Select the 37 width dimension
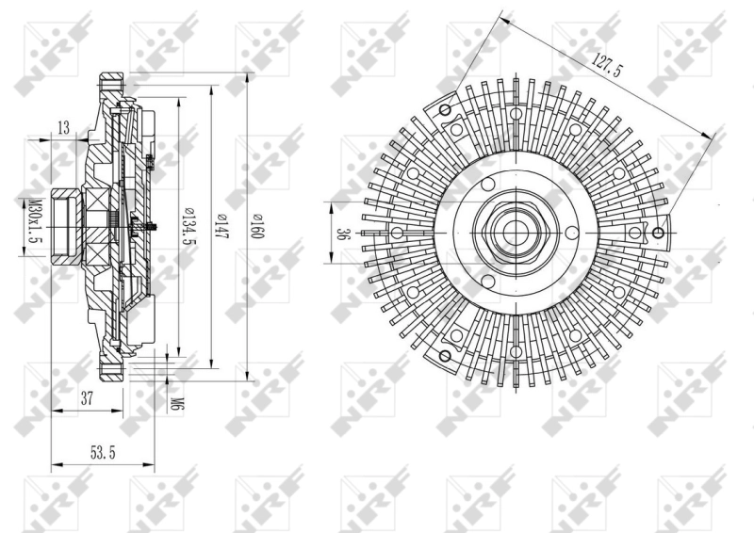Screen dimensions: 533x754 coord(87,398)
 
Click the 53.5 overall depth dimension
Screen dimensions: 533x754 coord(103,453)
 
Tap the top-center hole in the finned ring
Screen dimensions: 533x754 coord(515,113)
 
